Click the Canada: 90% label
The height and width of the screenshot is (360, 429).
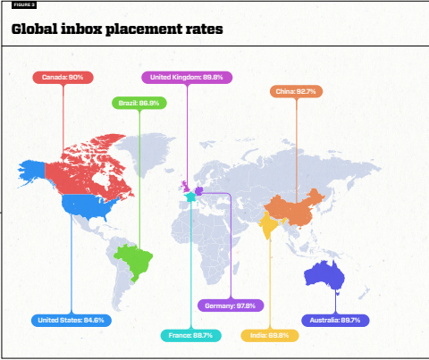tap(63, 78)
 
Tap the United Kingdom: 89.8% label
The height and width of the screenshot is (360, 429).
tap(188, 78)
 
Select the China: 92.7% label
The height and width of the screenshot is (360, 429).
tap(296, 91)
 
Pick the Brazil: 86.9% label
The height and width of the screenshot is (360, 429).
tap(139, 104)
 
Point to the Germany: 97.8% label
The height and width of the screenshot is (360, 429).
tap(230, 306)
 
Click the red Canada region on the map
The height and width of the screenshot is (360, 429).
tap(89, 165)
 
